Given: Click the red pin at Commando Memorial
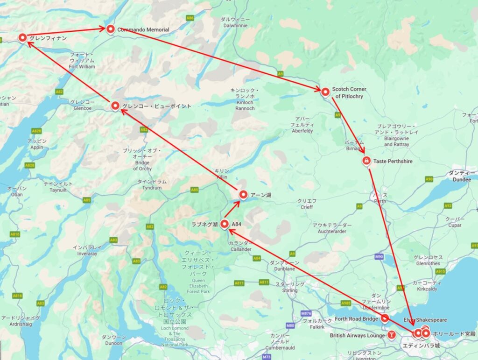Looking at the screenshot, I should click(x=111, y=29).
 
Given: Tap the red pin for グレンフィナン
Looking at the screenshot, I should click(x=22, y=38).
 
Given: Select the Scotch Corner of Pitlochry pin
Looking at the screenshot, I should click(x=325, y=92).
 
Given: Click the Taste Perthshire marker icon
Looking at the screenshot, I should click(x=366, y=161).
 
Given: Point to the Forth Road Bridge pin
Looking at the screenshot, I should click(x=385, y=318).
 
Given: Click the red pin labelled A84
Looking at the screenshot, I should click(x=225, y=224).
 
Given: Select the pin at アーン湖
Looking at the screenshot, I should click(x=243, y=194).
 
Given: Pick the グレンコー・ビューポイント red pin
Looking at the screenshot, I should click(x=115, y=106).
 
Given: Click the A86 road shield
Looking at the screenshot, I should click(x=190, y=18).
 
